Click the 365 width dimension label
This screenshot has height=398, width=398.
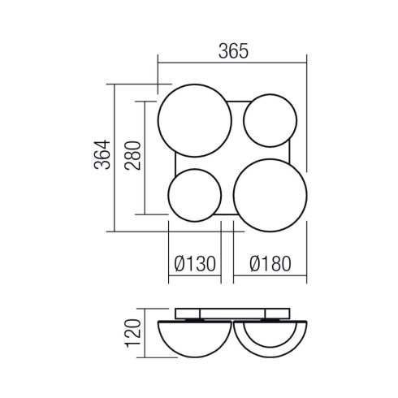pyautogui.click(x=233, y=51)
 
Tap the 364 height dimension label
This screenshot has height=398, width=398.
pyautogui.click(x=102, y=154)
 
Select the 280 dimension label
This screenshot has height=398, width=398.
pyautogui.click(x=132, y=155)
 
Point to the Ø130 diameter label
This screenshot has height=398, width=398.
pyautogui.click(x=195, y=264)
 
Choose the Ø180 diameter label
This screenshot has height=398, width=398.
pyautogui.click(x=270, y=264)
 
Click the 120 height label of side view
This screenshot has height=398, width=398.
pyautogui.click(x=132, y=333)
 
